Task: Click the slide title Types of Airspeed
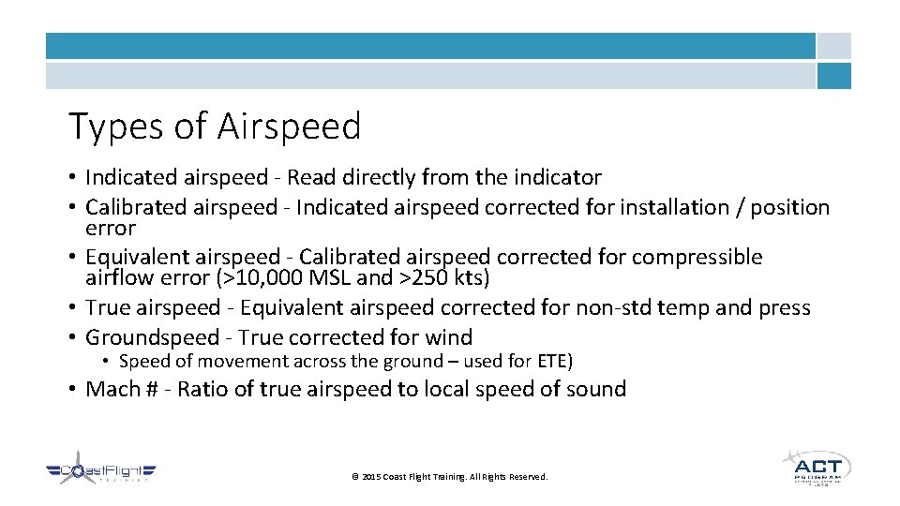pos(215,126)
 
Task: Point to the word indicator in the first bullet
pos(557,177)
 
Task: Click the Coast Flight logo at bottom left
pos(101,473)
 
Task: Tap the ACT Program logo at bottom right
pos(816,467)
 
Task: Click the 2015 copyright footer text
pos(449,477)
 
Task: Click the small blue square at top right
pos(833,76)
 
